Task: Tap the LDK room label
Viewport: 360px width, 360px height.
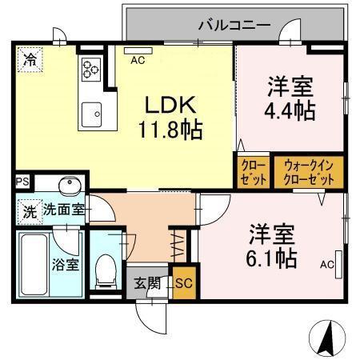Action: pyautogui.click(x=169, y=104)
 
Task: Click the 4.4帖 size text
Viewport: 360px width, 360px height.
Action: pyautogui.click(x=290, y=110)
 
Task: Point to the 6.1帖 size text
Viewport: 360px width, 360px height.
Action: pyautogui.click(x=272, y=257)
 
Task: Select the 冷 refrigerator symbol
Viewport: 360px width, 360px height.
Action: pyautogui.click(x=30, y=58)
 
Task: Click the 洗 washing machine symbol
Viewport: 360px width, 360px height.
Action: pyautogui.click(x=29, y=214)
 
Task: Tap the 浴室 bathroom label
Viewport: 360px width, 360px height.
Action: pyautogui.click(x=66, y=264)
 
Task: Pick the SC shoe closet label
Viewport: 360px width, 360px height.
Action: pyautogui.click(x=183, y=282)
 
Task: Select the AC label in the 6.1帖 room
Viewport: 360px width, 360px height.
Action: pyautogui.click(x=326, y=264)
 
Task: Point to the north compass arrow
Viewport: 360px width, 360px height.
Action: pyautogui.click(x=328, y=338)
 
